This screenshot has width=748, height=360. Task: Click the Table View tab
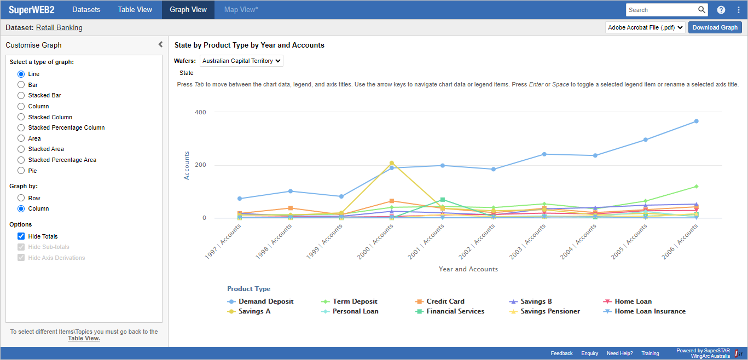(135, 10)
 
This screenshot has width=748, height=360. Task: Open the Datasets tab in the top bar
(86, 10)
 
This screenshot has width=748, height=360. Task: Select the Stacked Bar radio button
(21, 95)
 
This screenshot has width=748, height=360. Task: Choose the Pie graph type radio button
(21, 171)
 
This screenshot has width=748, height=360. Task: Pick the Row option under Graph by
(21, 198)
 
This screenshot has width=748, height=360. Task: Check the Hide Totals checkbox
(21, 236)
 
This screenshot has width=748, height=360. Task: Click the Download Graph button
(715, 27)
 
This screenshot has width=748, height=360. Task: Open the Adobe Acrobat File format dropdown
(645, 27)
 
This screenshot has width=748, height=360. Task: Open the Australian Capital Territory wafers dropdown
(241, 61)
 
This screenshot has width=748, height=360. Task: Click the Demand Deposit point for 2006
(696, 121)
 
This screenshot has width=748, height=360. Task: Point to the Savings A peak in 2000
(392, 163)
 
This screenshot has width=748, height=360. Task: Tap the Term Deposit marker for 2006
(696, 187)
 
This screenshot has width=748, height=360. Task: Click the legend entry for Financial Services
(455, 311)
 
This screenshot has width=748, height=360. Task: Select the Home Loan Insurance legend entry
(650, 311)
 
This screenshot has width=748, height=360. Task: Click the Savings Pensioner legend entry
(550, 311)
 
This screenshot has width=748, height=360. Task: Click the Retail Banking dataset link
(59, 28)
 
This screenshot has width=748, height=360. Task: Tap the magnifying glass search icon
(701, 10)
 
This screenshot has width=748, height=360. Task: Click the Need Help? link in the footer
(619, 353)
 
